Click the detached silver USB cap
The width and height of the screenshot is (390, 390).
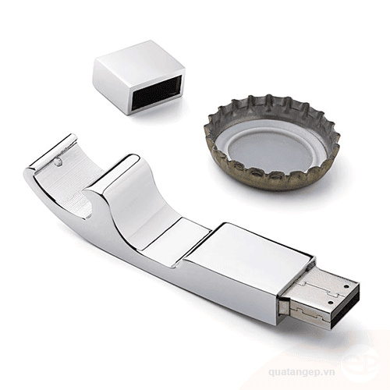tap(139, 76)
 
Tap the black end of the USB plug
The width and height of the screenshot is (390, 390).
tap(345, 307)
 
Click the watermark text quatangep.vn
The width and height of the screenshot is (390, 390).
tap(302, 372)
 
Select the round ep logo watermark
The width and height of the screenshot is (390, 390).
tap(360, 360)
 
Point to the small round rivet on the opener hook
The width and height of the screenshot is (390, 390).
tap(58, 161)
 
